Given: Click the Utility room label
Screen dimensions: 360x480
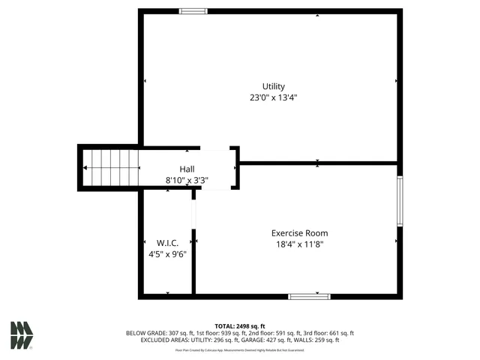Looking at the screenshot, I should (x=273, y=86).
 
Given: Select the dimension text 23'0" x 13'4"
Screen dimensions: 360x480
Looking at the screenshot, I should (x=273, y=97).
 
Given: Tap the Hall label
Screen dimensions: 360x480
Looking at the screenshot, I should (x=187, y=169).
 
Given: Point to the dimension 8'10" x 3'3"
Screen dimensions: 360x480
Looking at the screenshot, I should (x=187, y=180).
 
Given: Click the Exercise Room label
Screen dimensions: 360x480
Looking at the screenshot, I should (x=299, y=232).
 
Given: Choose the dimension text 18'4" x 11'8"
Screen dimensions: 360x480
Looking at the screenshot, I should (x=299, y=244).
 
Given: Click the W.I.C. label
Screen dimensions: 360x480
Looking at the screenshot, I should (x=166, y=243).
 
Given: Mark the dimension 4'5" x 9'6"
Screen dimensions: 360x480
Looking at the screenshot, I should (x=166, y=254).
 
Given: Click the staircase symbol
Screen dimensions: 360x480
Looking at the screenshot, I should (x=110, y=167).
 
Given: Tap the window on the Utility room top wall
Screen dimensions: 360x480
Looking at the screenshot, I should (x=194, y=11).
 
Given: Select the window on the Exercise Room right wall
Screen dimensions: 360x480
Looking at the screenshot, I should (x=400, y=200).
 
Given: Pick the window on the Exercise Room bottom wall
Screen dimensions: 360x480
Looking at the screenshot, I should (x=309, y=297).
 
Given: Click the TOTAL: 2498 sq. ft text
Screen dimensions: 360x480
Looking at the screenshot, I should (x=240, y=326).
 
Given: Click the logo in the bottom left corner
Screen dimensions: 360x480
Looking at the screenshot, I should (x=22, y=335).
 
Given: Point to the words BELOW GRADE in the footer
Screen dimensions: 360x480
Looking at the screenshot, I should (x=145, y=333).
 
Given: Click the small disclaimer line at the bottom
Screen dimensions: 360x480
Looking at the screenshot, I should (x=240, y=349).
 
